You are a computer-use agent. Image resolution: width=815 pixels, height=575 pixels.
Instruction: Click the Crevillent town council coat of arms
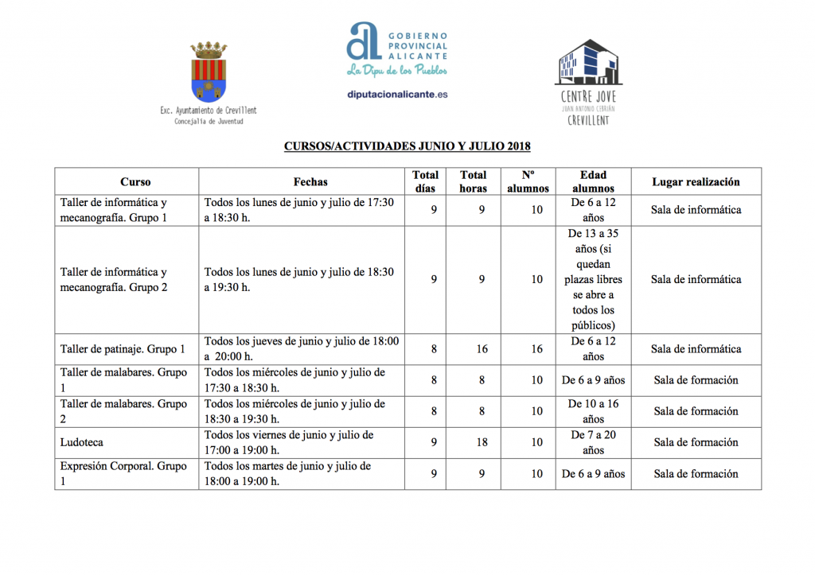click(x=208, y=73)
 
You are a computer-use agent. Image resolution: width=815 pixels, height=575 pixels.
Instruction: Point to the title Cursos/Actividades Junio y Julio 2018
click(x=407, y=146)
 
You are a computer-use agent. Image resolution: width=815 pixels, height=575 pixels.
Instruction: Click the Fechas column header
click(x=310, y=181)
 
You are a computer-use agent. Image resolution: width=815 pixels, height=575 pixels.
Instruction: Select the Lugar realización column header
click(x=696, y=181)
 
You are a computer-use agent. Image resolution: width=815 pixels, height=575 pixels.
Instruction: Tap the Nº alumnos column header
click(x=528, y=181)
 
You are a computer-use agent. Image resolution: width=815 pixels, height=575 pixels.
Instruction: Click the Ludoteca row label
click(x=82, y=442)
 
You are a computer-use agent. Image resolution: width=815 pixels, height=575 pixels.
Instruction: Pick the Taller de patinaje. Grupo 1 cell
click(x=123, y=349)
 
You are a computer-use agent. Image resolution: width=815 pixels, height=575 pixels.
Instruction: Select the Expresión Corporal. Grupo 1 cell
click(x=123, y=473)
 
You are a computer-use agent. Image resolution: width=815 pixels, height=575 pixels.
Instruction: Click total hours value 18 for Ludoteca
click(x=482, y=442)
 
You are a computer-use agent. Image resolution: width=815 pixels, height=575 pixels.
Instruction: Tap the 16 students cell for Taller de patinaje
click(x=537, y=349)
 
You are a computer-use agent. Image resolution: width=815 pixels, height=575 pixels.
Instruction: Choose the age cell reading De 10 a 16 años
click(x=593, y=411)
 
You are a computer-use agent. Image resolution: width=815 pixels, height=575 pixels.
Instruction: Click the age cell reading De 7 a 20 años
click(x=593, y=442)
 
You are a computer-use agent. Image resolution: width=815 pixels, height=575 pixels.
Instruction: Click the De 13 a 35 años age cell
click(x=593, y=279)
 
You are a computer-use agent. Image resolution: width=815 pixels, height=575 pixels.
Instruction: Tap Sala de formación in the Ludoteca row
click(x=696, y=442)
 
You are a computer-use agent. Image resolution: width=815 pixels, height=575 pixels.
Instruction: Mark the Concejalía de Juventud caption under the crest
click(x=209, y=122)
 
